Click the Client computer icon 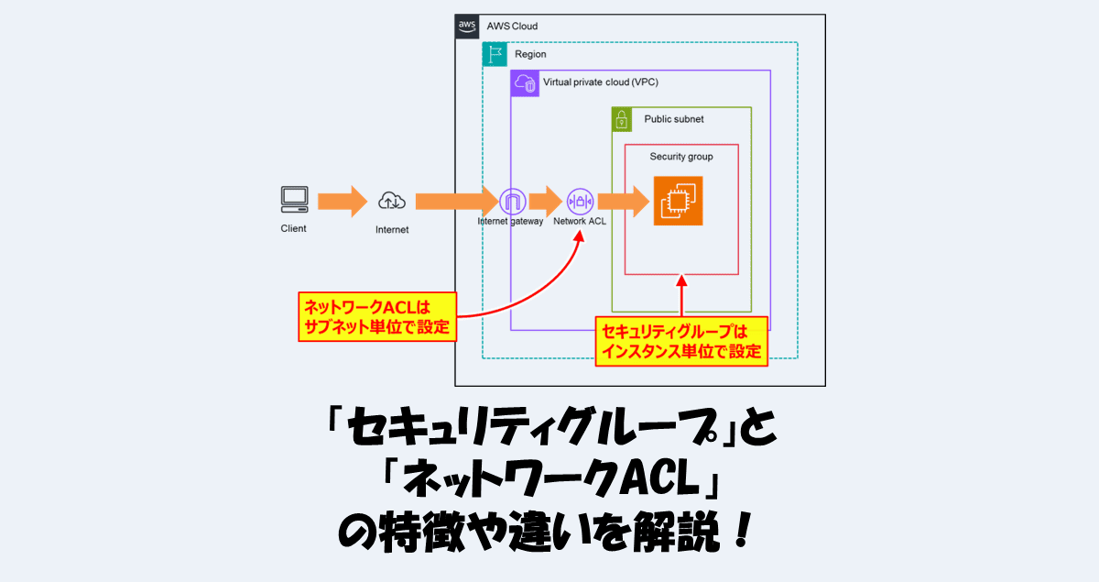(294, 200)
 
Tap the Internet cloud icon (391, 201)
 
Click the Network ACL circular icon (581, 201)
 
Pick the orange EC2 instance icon (678, 201)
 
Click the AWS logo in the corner (467, 27)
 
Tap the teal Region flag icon (495, 54)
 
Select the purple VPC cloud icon (523, 82)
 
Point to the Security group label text (681, 157)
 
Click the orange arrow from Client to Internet (342, 201)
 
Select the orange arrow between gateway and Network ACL (545, 201)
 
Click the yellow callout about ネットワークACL (376, 316)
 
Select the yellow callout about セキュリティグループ (681, 341)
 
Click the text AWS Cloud (512, 27)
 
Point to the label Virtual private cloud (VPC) (600, 82)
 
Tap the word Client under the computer (293, 228)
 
